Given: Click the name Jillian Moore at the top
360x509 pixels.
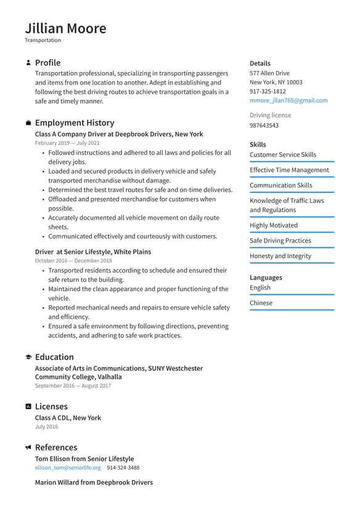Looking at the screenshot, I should point(65,28).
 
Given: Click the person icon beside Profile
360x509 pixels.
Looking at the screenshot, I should point(28,63).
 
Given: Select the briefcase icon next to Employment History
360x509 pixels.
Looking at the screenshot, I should point(28,123).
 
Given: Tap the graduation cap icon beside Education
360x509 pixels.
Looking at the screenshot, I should point(28,357).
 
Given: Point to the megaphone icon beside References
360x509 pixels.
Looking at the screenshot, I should point(28,447).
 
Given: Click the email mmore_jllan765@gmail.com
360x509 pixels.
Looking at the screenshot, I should point(288,101).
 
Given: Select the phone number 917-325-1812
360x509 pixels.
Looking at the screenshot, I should point(268,91).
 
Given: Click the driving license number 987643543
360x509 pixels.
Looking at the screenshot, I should point(264,125).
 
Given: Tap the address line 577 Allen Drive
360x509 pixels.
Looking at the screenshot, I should point(269,73).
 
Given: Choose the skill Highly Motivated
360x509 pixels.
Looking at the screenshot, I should point(273,225).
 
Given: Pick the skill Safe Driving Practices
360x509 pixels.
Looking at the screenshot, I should point(280,241).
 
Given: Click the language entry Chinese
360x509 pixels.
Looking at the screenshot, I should point(261,303).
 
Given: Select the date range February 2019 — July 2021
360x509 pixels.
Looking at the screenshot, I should point(67,143).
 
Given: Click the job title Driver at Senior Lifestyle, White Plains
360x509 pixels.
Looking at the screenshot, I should point(92,252).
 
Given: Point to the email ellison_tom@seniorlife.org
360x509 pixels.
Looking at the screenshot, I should point(68,468).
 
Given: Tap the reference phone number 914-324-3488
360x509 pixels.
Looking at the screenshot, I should point(123,468).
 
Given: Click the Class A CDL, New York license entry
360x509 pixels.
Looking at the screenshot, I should point(68,418).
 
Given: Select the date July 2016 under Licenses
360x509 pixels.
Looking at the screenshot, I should point(46,427).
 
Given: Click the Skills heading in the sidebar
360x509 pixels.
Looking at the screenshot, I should point(258,144).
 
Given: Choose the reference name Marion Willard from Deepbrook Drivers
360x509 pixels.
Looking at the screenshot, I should point(94,482).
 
